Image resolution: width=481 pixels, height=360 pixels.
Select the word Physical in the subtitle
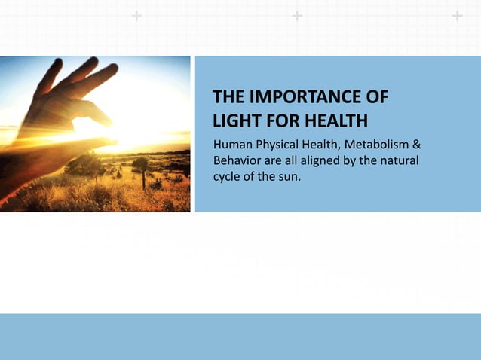click(279, 143)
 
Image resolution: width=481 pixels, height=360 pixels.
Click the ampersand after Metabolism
click(416, 143)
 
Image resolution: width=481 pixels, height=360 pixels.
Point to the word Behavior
click(237, 161)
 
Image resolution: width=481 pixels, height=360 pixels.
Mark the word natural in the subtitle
click(397, 161)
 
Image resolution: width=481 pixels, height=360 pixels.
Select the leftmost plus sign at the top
click(136, 16)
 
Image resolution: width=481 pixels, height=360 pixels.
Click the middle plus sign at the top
click(297, 16)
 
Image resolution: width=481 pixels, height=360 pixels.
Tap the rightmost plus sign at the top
click(457, 16)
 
